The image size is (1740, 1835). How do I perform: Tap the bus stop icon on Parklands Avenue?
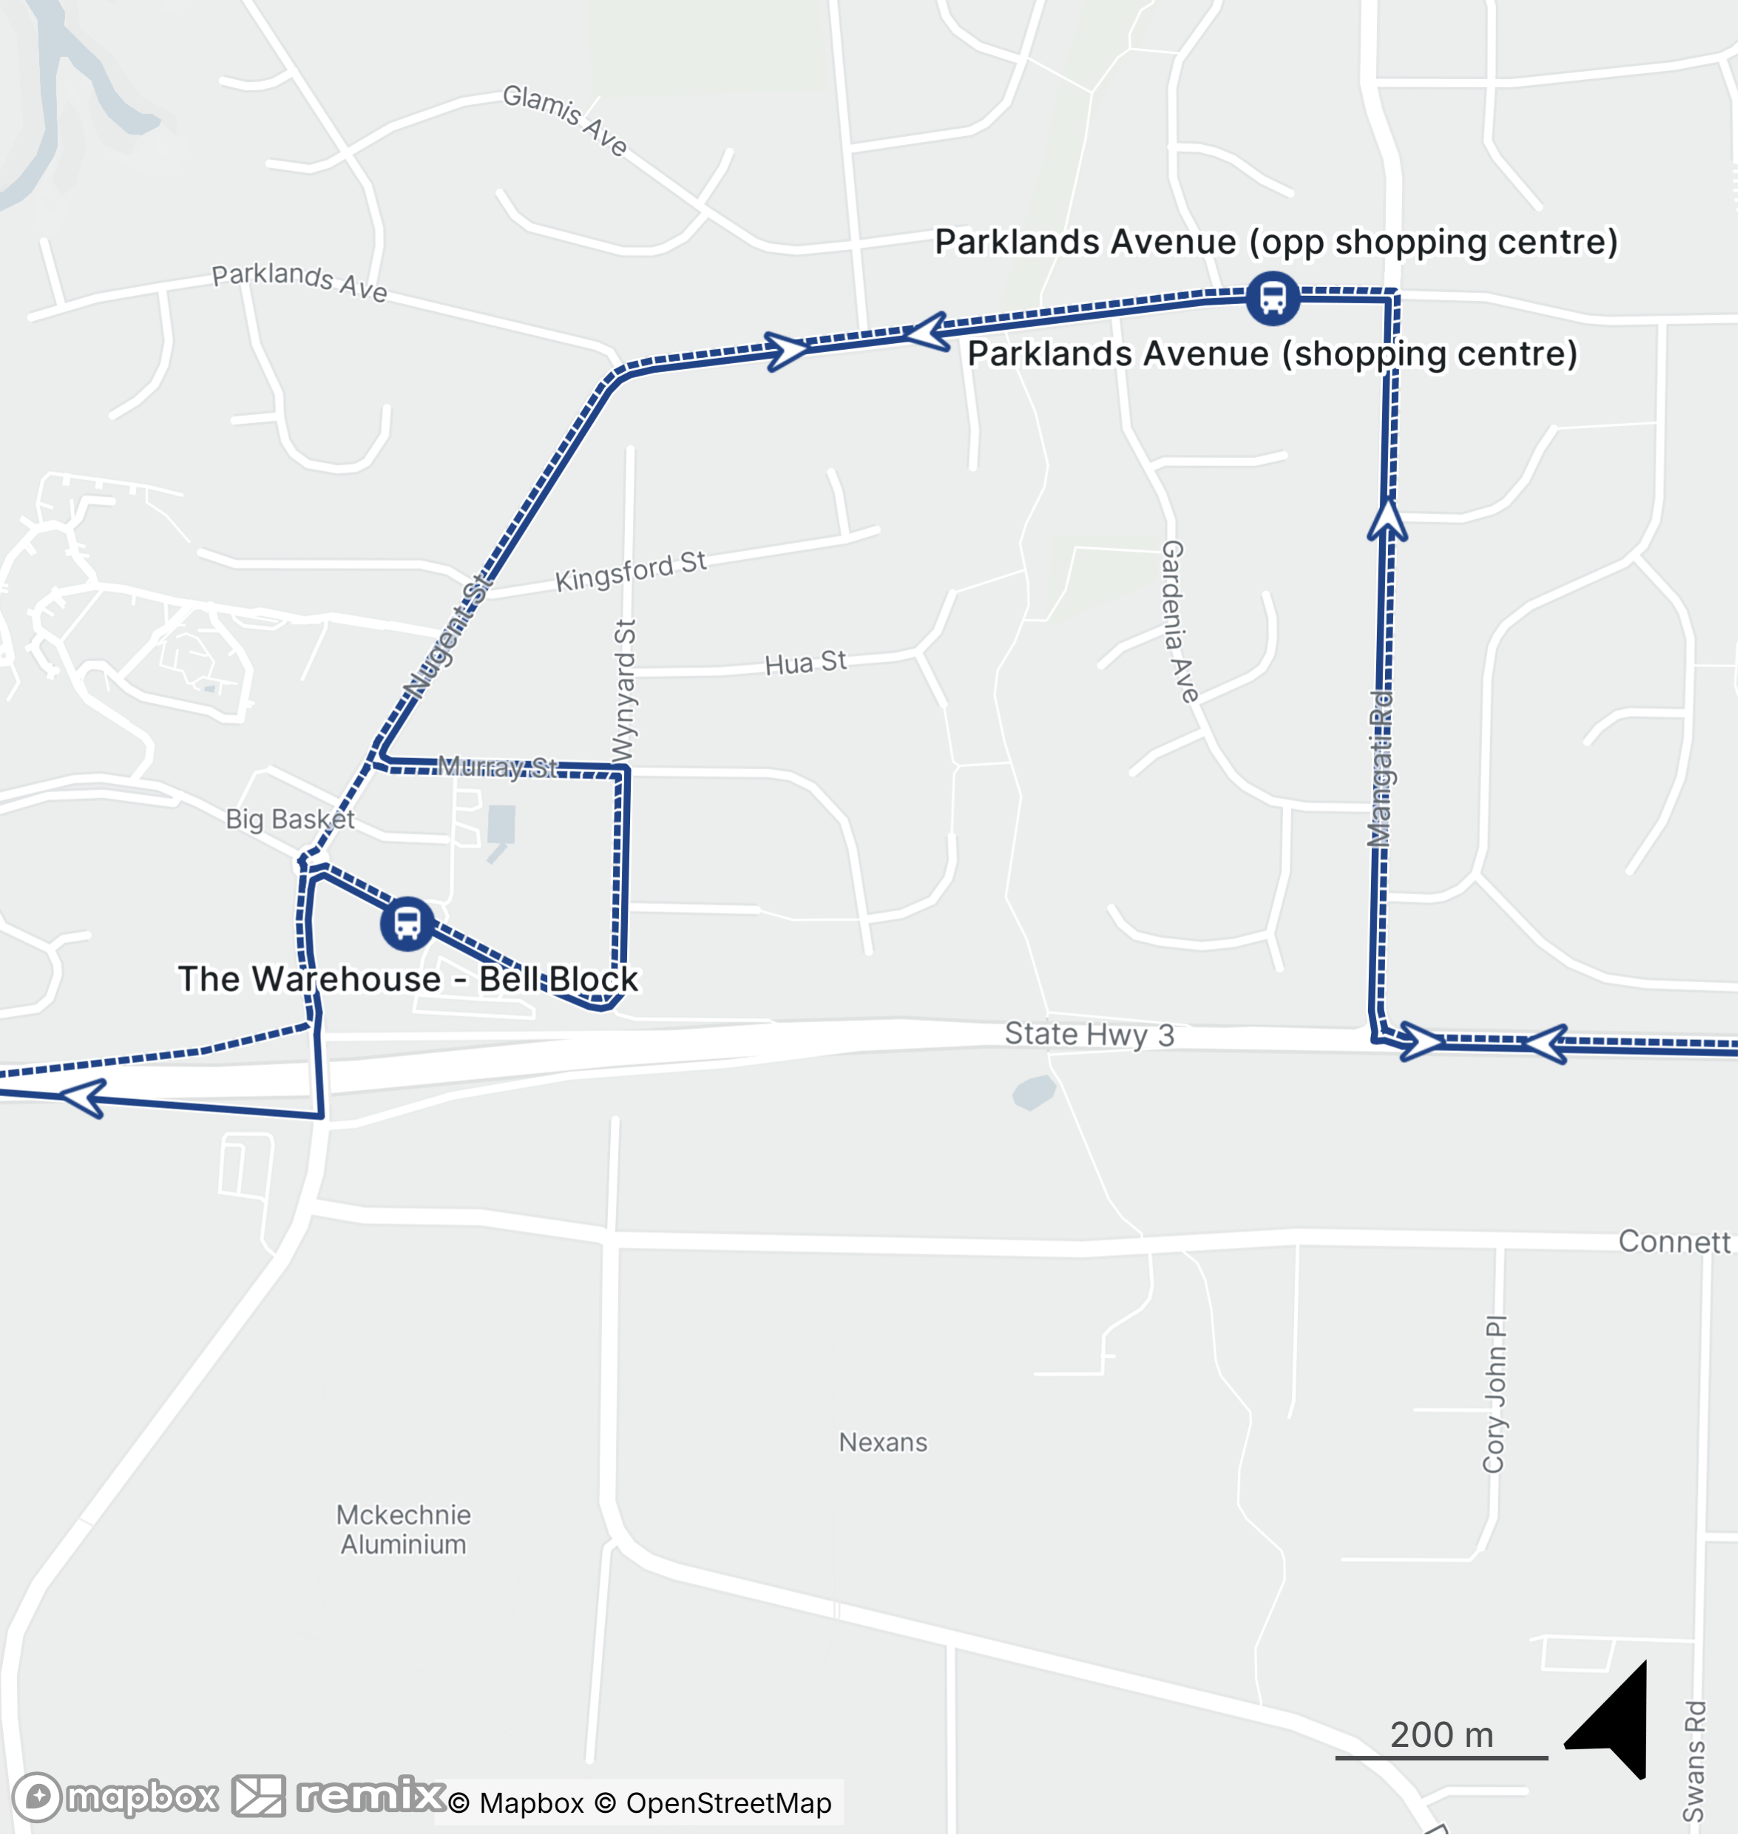(x=1272, y=299)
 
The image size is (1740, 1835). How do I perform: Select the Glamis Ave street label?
(x=565, y=120)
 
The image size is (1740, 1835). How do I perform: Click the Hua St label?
(x=805, y=663)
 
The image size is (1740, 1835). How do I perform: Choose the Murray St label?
(x=498, y=767)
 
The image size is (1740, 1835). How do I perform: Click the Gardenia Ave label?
(x=1178, y=621)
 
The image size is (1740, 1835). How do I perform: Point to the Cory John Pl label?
(x=1494, y=1393)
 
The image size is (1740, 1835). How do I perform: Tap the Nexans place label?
(x=883, y=1442)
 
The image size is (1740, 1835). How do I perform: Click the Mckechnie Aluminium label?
(x=404, y=1530)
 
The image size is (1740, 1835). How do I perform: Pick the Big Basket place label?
(x=289, y=820)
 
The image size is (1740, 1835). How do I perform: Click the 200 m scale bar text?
(x=1441, y=1735)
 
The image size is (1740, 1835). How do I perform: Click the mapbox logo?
(x=116, y=1797)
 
